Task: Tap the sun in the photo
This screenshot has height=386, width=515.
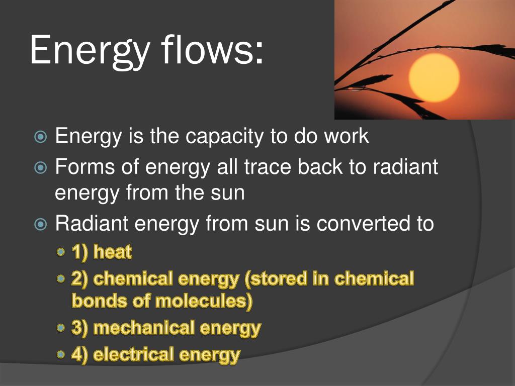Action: [434, 78]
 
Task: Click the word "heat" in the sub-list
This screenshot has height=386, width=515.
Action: [113, 252]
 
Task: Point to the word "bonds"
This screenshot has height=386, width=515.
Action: [99, 301]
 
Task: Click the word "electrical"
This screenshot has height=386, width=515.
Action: [133, 355]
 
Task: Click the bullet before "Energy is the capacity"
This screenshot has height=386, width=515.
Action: [40, 137]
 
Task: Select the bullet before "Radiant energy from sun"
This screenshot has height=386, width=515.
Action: [40, 225]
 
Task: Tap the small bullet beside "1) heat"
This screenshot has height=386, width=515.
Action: [60, 252]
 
